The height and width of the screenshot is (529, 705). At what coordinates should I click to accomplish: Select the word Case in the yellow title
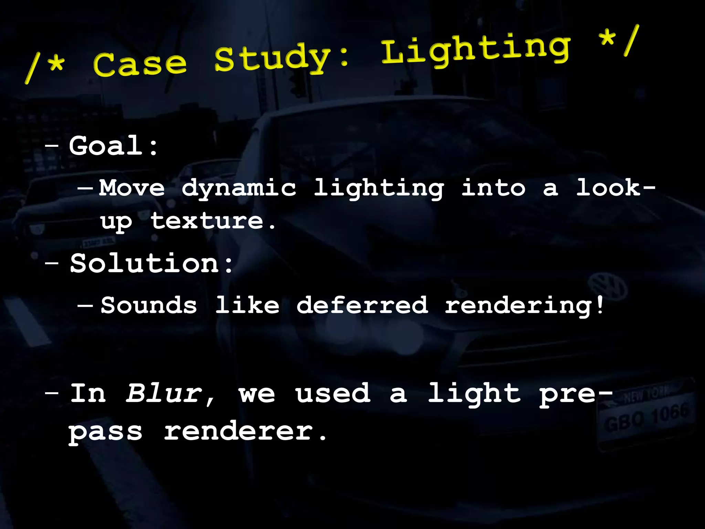click(139, 64)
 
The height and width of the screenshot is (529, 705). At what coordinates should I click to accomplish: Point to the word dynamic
click(239, 189)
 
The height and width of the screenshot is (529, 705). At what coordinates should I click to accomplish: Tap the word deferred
click(362, 305)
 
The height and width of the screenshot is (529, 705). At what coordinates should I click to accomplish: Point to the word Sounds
click(149, 305)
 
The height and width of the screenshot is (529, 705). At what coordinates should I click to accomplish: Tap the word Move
click(132, 188)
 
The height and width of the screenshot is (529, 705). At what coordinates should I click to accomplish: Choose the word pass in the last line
click(105, 432)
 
